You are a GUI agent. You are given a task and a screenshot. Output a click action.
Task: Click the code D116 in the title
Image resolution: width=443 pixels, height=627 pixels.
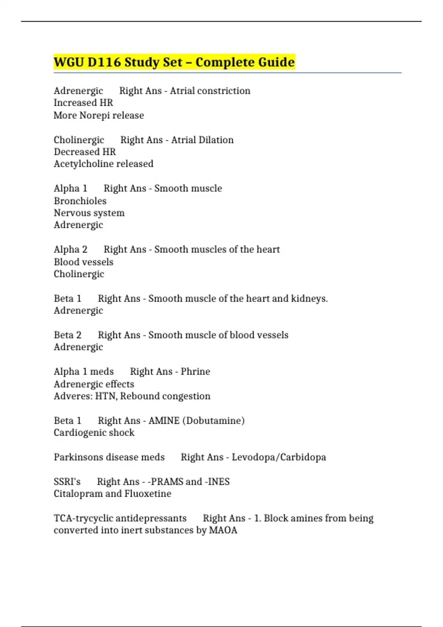coord(104,62)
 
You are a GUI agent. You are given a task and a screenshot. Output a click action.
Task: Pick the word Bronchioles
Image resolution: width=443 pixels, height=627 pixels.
coord(80,201)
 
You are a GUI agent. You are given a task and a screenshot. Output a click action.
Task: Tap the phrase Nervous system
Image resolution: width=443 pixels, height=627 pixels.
coord(89,213)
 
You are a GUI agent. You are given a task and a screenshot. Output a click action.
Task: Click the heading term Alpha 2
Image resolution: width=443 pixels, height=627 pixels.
coord(71,250)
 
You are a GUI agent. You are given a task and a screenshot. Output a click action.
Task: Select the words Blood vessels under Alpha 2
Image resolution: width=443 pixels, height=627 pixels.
coord(83,262)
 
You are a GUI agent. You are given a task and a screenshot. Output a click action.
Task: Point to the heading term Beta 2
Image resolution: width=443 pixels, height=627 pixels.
coord(68,335)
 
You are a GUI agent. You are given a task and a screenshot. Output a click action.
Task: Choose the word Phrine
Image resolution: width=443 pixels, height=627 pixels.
coord(195,371)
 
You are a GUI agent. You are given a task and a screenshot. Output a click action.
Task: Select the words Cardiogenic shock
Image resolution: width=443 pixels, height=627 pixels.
coord(94,433)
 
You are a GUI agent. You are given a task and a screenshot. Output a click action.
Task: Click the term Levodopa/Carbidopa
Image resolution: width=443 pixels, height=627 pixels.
coord(279,457)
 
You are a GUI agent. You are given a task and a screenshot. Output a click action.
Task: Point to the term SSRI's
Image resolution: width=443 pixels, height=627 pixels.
coord(67,482)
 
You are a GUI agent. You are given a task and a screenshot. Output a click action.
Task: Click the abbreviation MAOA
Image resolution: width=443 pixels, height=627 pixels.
coord(223,530)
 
